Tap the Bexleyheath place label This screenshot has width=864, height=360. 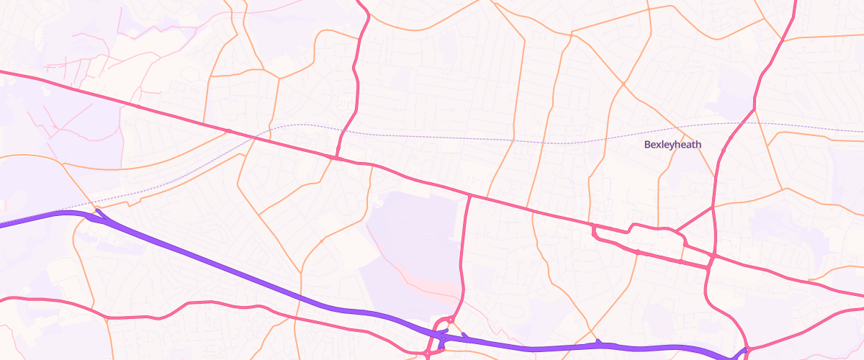point(672,145)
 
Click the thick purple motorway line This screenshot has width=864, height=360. point(216,266)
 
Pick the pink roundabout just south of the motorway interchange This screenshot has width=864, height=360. point(430,354)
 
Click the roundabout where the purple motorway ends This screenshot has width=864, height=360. point(746,350)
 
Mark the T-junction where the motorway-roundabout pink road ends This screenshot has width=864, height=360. point(469,195)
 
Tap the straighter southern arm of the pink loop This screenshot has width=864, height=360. point(648,254)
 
